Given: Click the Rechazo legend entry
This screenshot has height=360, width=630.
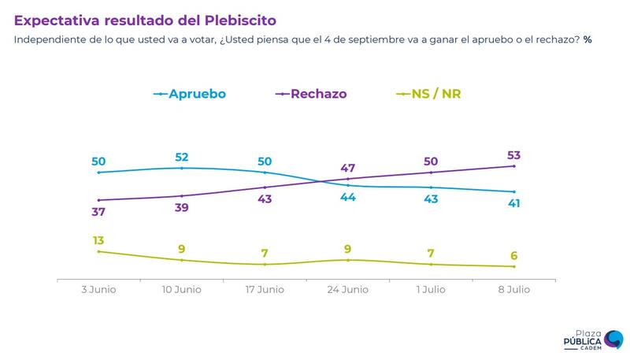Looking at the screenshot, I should click(x=310, y=94).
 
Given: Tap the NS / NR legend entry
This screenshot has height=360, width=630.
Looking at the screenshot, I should click(x=428, y=94).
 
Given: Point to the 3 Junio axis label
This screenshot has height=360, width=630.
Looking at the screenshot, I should click(x=98, y=290).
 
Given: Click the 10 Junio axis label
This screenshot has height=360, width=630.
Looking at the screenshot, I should click(x=181, y=290).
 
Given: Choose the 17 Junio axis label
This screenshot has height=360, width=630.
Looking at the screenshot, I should click(x=265, y=290).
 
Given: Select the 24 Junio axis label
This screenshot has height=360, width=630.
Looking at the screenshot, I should click(x=347, y=290).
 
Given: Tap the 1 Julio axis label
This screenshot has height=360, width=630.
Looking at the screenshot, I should click(x=430, y=290).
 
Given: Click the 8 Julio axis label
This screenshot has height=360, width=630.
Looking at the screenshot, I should click(x=513, y=290).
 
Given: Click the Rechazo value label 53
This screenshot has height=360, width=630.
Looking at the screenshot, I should click(x=513, y=154).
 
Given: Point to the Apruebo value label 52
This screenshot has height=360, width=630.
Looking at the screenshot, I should click(x=182, y=156).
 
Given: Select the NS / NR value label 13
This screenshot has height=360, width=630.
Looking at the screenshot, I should click(x=98, y=240).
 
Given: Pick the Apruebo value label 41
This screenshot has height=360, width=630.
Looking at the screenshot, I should click(x=513, y=203).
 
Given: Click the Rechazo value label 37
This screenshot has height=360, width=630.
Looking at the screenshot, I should click(x=98, y=211).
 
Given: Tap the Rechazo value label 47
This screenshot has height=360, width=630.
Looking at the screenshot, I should click(x=347, y=168).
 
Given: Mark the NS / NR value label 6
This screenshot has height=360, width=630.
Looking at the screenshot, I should click(x=513, y=255).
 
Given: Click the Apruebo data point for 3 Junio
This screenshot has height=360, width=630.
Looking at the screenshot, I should click(x=98, y=172).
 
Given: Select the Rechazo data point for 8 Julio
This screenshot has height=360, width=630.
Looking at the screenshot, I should click(x=513, y=166).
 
